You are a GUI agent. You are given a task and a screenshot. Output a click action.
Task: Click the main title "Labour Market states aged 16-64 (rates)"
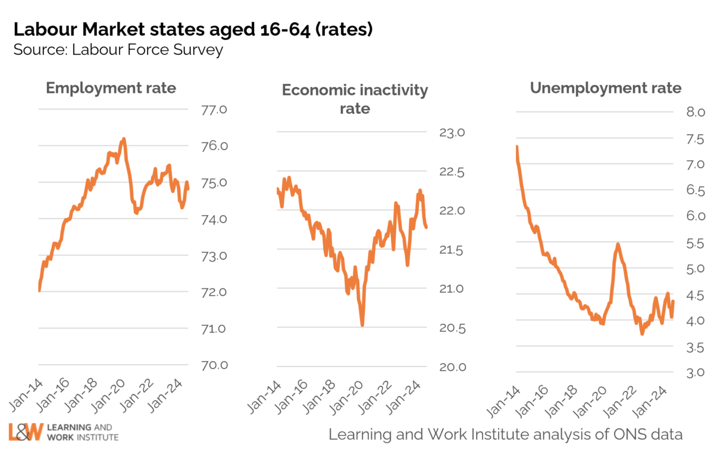(x=193, y=29)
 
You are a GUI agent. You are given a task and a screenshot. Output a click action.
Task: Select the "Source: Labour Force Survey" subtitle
(x=118, y=49)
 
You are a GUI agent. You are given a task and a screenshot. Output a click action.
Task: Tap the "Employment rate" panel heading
(x=111, y=88)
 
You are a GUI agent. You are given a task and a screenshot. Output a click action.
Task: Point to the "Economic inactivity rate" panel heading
(x=355, y=99)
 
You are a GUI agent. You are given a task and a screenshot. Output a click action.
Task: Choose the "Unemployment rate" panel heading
(x=606, y=88)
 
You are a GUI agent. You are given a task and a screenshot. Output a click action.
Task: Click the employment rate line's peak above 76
(x=123, y=139)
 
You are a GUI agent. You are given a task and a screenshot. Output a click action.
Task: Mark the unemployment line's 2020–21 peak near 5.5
(x=618, y=244)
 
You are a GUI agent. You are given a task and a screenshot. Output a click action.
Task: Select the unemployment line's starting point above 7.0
(x=517, y=147)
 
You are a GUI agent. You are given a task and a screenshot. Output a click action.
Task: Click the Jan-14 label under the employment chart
(x=24, y=397)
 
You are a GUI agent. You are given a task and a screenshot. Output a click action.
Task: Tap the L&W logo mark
(x=26, y=433)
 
